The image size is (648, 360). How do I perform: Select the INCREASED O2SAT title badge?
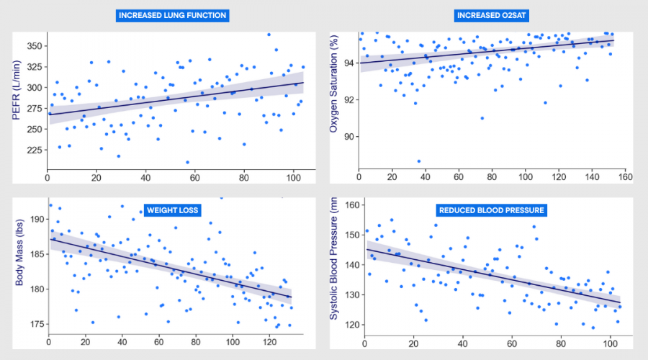[x=492, y=15]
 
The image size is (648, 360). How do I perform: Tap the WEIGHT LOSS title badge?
[x=173, y=210]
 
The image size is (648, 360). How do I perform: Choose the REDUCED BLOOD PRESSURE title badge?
[x=491, y=210]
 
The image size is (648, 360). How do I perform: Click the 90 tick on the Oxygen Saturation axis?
[x=348, y=136]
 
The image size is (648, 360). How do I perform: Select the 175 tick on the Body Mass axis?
[x=35, y=324]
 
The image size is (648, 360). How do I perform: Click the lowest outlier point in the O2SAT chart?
[x=418, y=161]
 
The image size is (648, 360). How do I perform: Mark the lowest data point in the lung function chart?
[x=187, y=162]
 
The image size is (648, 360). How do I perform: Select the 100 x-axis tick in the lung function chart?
[x=293, y=177]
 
